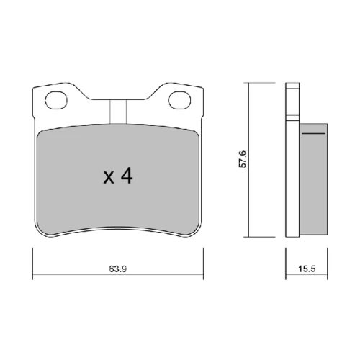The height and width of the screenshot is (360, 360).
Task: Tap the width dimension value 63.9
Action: pos(118,269)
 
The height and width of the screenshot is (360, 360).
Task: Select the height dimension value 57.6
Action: pos(243,159)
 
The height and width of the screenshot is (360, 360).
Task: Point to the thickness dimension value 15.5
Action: pos(307,269)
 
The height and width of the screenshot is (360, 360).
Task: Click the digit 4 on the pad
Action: pos(127,176)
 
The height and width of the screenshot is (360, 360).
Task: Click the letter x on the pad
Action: pos(109,178)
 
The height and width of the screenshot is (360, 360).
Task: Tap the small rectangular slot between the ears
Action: pos(118,112)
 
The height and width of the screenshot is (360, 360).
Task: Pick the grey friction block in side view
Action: pos(314,179)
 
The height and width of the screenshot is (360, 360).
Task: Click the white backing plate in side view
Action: pos(292,160)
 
